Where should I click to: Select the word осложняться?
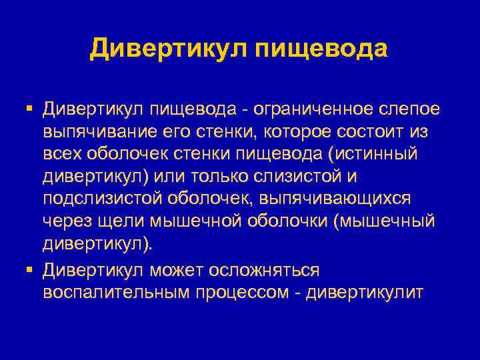click(x=263, y=270)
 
